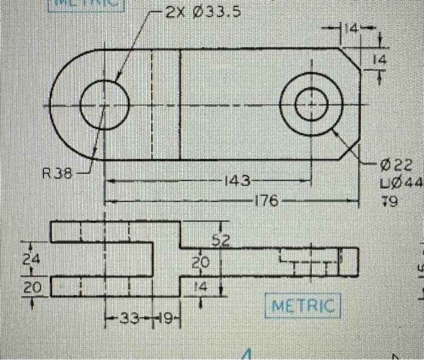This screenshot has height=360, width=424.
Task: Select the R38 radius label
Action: tap(56, 174)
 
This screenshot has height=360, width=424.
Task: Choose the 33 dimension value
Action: tap(128, 318)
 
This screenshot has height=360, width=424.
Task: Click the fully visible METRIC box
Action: tap(303, 306)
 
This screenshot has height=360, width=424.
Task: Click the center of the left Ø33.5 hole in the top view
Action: tap(105, 105)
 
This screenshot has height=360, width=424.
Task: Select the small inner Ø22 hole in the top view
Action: tap(311, 105)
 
